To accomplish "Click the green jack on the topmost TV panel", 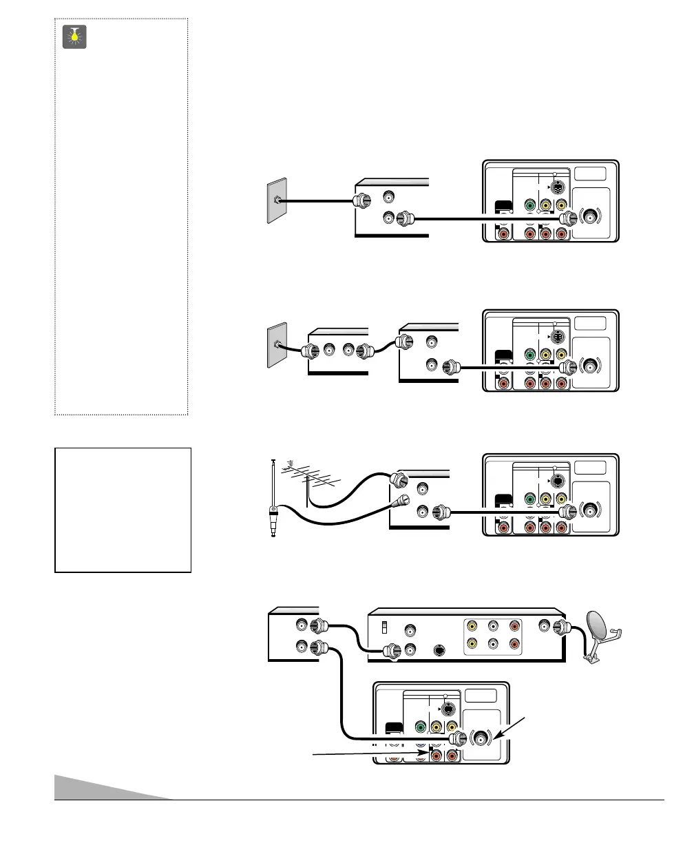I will [529, 205].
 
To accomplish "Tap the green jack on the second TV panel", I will [529, 355].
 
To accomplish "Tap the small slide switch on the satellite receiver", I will [384, 627].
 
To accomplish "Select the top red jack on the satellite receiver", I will [513, 627].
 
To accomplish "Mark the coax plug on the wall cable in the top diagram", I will [359, 202].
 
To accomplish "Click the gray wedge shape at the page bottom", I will [110, 787].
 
